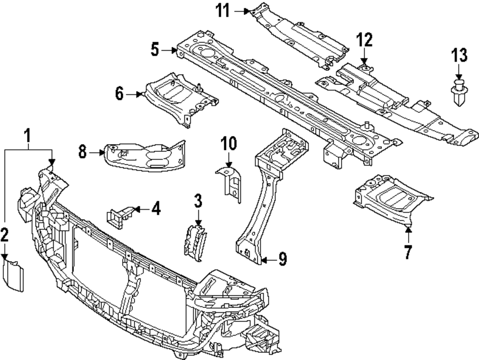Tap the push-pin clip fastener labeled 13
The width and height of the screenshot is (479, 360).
459,95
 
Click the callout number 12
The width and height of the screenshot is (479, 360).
364,40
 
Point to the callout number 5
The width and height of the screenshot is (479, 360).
154,49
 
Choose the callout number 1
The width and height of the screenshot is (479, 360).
28,137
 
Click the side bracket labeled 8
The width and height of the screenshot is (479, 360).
144,156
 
